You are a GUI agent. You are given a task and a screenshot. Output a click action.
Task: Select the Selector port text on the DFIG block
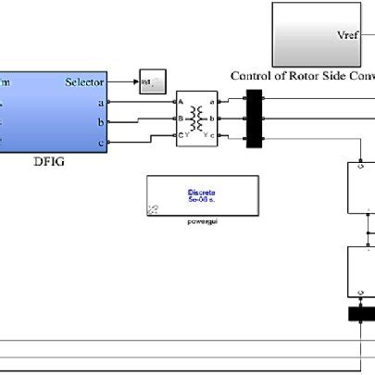pos(85,81)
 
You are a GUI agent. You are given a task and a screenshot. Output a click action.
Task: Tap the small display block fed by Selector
pos(152,82)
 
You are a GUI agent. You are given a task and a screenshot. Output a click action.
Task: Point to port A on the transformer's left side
pos(181,102)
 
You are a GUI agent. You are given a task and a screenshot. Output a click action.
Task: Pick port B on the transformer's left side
pos(181,119)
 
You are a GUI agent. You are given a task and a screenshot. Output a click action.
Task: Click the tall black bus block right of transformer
pos(253,119)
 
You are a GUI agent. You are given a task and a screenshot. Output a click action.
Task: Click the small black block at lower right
pos(361,314)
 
